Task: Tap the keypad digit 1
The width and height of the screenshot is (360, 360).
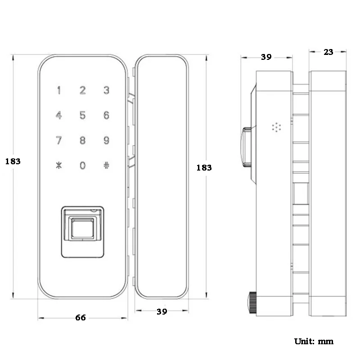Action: (x=59, y=90)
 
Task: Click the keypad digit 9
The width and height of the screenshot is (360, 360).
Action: (x=106, y=140)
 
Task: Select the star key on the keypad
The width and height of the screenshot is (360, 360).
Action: (x=59, y=165)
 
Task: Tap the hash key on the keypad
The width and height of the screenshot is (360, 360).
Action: (x=106, y=165)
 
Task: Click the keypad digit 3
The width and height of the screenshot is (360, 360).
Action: (x=106, y=90)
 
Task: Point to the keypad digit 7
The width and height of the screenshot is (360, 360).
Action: (x=59, y=140)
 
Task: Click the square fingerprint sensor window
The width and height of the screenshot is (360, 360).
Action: (x=82, y=229)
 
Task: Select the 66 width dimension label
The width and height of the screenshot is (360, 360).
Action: (x=81, y=318)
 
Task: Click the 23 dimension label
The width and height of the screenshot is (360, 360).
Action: (x=328, y=52)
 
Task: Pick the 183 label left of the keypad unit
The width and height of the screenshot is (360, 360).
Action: (x=13, y=162)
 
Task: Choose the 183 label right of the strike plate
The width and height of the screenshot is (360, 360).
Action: (x=204, y=168)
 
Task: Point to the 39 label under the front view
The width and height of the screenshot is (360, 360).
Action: (x=162, y=311)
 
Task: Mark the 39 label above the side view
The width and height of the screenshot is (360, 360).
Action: (x=266, y=57)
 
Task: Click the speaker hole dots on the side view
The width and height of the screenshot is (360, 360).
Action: (x=276, y=127)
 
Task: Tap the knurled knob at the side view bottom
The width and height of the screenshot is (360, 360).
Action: (x=252, y=302)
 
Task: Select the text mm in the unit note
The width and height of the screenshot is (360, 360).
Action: (x=325, y=342)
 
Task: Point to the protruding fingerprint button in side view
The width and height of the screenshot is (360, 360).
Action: (x=246, y=147)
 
